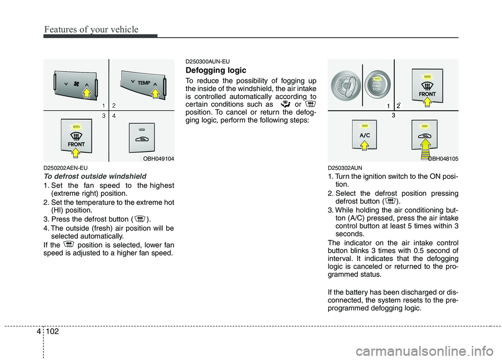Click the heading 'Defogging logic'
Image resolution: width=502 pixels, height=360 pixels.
tap(216, 70)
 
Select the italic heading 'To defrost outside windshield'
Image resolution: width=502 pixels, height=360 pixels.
tap(95, 176)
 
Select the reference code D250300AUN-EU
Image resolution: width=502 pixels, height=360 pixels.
tap(208, 61)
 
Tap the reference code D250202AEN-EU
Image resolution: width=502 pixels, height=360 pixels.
tap(65, 168)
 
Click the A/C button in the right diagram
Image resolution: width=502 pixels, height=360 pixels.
tap(364, 134)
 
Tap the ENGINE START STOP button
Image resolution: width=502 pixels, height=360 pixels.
tap(376, 83)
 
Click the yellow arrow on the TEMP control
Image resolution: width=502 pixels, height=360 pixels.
tap(155, 92)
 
